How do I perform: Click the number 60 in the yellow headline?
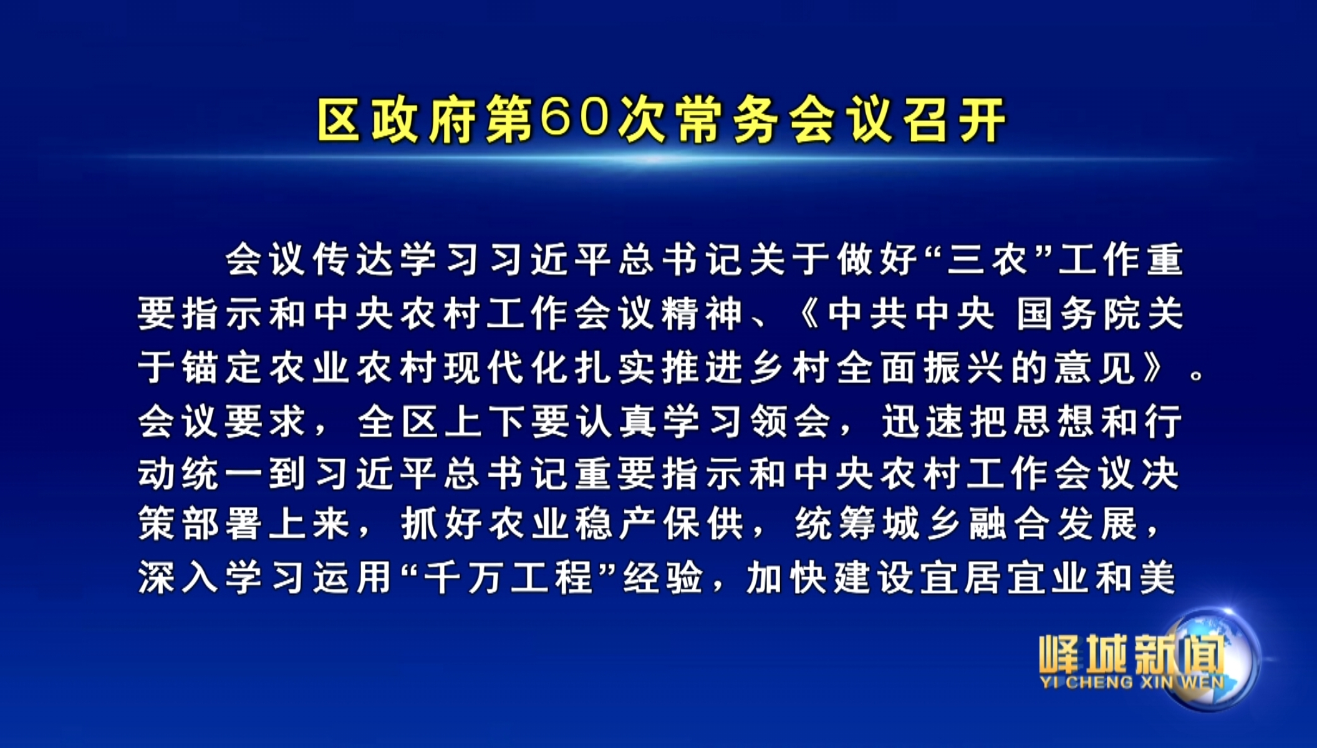pyautogui.click(x=574, y=118)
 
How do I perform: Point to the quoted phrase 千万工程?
pyautogui.click(x=508, y=577)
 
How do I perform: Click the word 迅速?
pyautogui.click(x=923, y=420)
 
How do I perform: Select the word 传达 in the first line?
pyautogui.click(x=353, y=259)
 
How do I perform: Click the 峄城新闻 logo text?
pyautogui.click(x=1132, y=654)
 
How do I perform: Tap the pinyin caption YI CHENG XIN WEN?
pyautogui.click(x=1132, y=682)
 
